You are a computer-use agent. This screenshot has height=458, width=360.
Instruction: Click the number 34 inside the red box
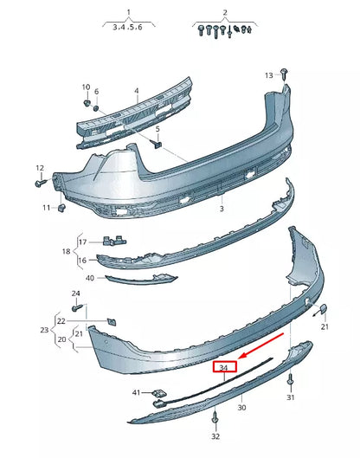[224, 368]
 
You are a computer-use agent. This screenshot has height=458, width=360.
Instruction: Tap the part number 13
[269, 75]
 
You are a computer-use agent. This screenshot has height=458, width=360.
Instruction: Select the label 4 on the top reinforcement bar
[136, 89]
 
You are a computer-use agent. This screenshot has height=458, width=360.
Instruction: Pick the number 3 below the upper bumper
[221, 209]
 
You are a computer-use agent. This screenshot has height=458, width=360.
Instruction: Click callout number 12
[40, 167]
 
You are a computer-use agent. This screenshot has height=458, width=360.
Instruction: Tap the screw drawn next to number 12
[41, 183]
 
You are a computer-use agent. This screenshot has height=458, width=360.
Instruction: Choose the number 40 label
[89, 278]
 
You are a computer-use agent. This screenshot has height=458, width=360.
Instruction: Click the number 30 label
[241, 407]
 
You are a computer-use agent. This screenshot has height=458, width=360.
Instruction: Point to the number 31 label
[291, 397]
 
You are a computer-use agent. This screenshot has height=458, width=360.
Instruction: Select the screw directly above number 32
[214, 422]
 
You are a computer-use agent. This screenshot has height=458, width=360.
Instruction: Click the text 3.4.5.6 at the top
[129, 28]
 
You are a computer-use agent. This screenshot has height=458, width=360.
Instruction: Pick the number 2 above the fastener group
[225, 12]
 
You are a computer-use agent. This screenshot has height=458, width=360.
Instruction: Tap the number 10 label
[86, 87]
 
